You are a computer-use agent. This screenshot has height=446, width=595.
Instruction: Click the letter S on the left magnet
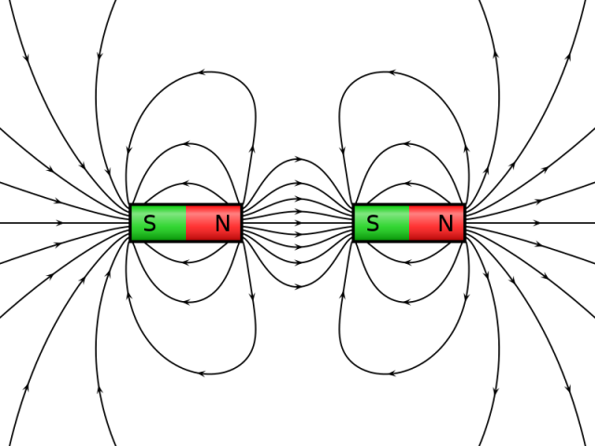pyautogui.click(x=150, y=224)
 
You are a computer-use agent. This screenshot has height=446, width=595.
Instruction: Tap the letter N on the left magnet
pyautogui.click(x=222, y=224)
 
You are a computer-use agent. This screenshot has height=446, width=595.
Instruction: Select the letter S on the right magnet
pyautogui.click(x=373, y=224)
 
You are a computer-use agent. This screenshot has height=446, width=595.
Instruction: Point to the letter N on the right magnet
pyautogui.click(x=445, y=224)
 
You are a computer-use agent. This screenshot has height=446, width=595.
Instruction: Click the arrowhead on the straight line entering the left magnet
pyautogui.click(x=60, y=223)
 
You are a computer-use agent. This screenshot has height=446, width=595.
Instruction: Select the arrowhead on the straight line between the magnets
pyautogui.click(x=297, y=223)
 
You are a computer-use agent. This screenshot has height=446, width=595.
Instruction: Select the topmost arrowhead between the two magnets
pyautogui.click(x=297, y=160)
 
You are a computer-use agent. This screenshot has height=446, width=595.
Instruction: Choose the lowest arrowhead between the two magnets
pyautogui.click(x=297, y=286)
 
